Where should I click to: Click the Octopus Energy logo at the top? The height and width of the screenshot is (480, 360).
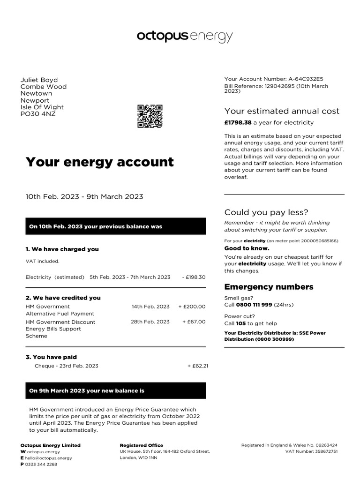pos(184,37)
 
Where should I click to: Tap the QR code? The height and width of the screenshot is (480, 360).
pos(150,116)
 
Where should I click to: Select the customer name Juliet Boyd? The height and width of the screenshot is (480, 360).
pos(39,80)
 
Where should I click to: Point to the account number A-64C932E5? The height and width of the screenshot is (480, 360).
pos(303,79)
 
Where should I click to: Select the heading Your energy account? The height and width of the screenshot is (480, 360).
pos(99,162)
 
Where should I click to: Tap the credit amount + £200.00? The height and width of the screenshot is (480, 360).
pos(192,307)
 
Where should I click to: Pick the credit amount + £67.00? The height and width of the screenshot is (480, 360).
pos(194,322)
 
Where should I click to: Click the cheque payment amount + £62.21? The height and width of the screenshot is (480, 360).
pos(197,366)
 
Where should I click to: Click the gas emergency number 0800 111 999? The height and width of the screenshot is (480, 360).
pos(254,305)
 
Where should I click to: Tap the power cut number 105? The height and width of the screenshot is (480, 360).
pos(241,323)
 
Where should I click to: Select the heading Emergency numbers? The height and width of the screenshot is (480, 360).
pos(269,287)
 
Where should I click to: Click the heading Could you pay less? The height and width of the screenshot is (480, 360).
pos(266,212)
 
